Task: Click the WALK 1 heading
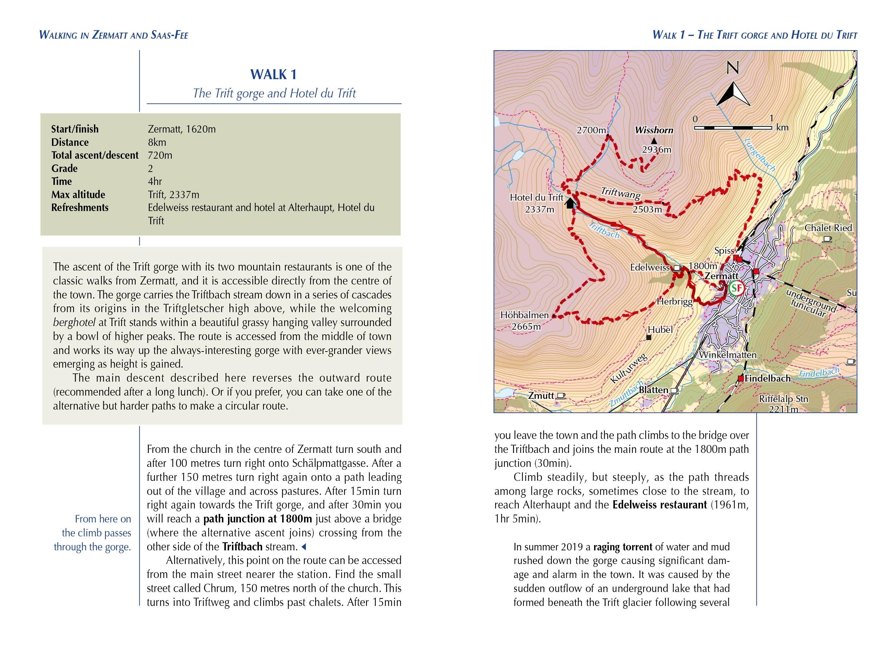coord(274,75)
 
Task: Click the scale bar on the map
coord(733,128)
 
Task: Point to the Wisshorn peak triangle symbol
coord(654,141)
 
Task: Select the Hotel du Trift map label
coord(536,197)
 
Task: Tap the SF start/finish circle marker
coord(735,288)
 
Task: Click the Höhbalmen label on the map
coord(525,315)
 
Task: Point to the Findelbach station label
coord(767,378)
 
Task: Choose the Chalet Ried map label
coord(828,228)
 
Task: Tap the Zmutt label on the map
coord(541,396)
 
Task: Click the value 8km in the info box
coord(157,142)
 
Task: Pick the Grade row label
coord(64,168)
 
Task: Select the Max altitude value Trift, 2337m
coord(173,195)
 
